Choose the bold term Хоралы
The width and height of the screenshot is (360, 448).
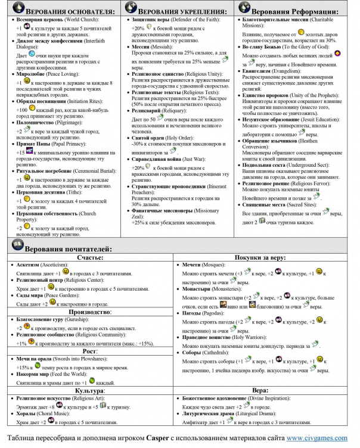point(30,415)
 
